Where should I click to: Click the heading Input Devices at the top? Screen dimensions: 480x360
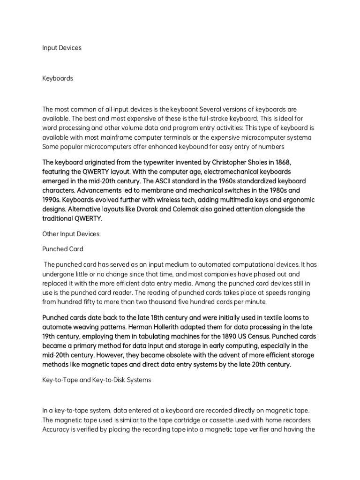tap(62, 48)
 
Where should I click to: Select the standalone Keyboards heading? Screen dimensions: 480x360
tap(58, 78)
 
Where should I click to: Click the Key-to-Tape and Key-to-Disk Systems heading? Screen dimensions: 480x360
tap(97, 380)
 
